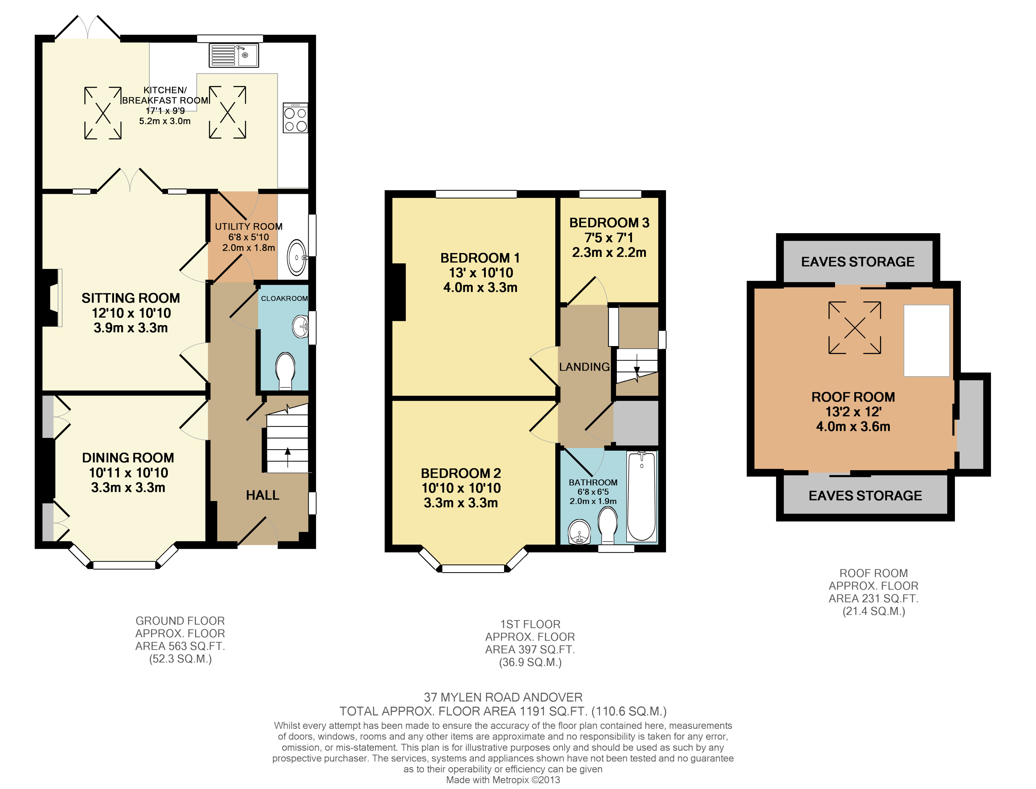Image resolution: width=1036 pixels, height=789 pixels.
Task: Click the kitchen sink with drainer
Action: pyautogui.click(x=234, y=55)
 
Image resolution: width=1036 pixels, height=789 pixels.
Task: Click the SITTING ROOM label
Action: pyautogui.click(x=131, y=298)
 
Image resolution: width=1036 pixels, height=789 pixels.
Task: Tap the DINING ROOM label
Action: pyautogui.click(x=128, y=458)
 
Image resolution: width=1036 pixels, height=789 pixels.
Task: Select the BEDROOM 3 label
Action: pyautogui.click(x=609, y=223)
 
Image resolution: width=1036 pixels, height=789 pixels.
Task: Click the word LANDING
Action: pyautogui.click(x=585, y=367)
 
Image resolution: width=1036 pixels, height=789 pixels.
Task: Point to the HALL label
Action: pyautogui.click(x=263, y=495)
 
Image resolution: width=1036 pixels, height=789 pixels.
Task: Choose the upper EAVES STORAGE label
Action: pyautogui.click(x=858, y=262)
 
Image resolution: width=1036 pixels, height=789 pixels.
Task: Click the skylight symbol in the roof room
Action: pyautogui.click(x=855, y=328)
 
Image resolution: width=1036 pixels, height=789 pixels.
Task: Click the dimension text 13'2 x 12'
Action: pyautogui.click(x=853, y=412)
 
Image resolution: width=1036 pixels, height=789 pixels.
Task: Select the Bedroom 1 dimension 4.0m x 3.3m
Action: pyautogui.click(x=480, y=287)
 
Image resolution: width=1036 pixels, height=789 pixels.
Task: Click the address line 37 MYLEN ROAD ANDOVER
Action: pyautogui.click(x=503, y=697)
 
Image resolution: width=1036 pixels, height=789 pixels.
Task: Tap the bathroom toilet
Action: pyautogui.click(x=608, y=526)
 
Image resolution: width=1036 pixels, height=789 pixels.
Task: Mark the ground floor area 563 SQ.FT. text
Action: pyautogui.click(x=180, y=646)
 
